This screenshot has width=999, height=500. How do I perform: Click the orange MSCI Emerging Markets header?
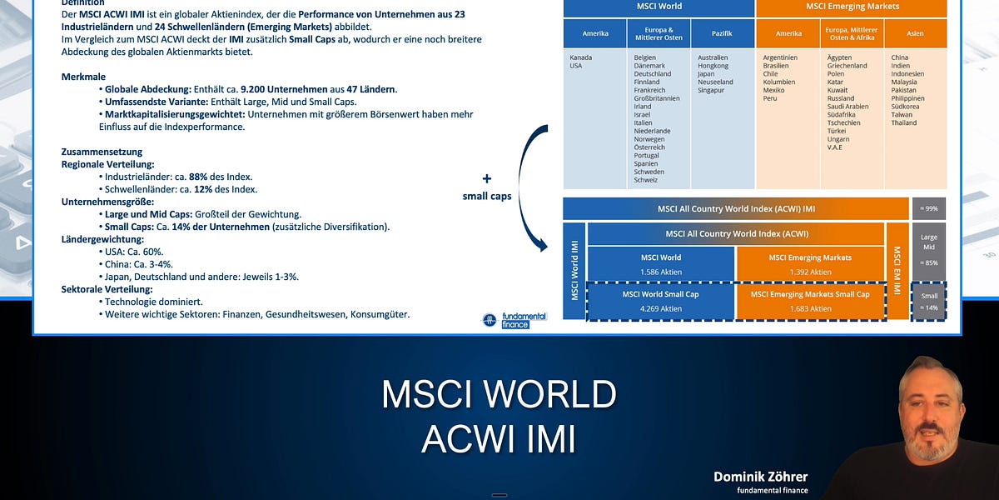[x=852, y=7]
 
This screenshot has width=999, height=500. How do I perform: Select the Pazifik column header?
[x=723, y=33]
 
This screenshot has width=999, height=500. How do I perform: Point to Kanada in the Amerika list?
[x=581, y=57]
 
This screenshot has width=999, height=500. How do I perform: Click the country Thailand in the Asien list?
[x=904, y=122]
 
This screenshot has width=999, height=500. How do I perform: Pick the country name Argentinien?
[x=780, y=57]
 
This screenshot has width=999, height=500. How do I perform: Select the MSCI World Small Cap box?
[x=660, y=301]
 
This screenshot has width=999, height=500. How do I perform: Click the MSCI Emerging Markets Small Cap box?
[x=809, y=301]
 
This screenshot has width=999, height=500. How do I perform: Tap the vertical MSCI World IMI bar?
[x=574, y=270]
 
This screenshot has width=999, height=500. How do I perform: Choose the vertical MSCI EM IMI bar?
[x=897, y=270]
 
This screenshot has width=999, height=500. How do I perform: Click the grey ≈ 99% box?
[x=929, y=208]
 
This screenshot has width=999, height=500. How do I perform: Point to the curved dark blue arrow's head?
[x=544, y=246]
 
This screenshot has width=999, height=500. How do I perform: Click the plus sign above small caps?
[x=487, y=178]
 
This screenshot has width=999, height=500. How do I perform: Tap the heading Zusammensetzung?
[x=102, y=152]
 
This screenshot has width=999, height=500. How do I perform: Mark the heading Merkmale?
[x=82, y=77]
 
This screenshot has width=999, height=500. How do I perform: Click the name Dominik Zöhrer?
[x=760, y=477]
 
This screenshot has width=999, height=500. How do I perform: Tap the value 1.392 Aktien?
[x=809, y=272]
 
